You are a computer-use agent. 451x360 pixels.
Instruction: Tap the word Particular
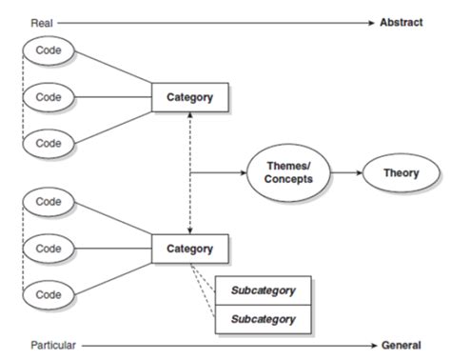pyautogui.click(x=52, y=345)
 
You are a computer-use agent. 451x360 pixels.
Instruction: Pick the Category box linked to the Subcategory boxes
pyautogui.click(x=190, y=250)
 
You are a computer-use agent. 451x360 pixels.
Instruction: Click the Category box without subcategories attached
pyautogui.click(x=190, y=96)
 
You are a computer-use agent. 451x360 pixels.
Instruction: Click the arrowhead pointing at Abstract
pyautogui.click(x=372, y=21)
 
